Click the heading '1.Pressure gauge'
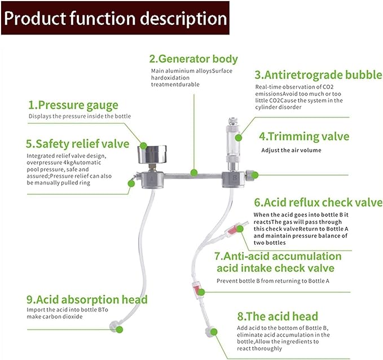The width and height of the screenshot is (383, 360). click(x=73, y=105)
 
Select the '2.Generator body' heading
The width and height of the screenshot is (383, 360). click(x=193, y=58)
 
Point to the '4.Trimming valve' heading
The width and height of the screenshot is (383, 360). click(x=304, y=137)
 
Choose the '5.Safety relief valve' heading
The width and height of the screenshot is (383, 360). click(x=78, y=143)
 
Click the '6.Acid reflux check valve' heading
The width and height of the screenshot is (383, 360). click(x=318, y=203)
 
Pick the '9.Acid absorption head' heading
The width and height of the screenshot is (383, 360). click(x=87, y=299)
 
